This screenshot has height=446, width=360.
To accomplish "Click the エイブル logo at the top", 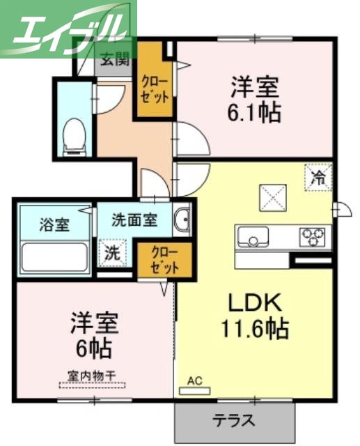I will tap(68, 29).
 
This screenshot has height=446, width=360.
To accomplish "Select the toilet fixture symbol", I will tap(73, 136).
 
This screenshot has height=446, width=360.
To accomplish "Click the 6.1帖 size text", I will tap(256, 112).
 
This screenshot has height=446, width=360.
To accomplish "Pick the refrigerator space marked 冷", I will tap(318, 177).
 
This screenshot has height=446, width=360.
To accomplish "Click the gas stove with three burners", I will tap(315, 237).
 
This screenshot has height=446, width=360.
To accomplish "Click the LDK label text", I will tap(255, 302).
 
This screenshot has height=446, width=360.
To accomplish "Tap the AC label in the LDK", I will tap(194, 381).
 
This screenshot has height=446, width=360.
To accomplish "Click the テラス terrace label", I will tap(233, 421).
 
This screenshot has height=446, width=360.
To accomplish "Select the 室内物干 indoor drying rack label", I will tap(92, 376).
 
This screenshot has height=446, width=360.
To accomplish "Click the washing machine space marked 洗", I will tap(111, 253).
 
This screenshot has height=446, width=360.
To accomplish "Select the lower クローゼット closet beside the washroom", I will tap(162, 259).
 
